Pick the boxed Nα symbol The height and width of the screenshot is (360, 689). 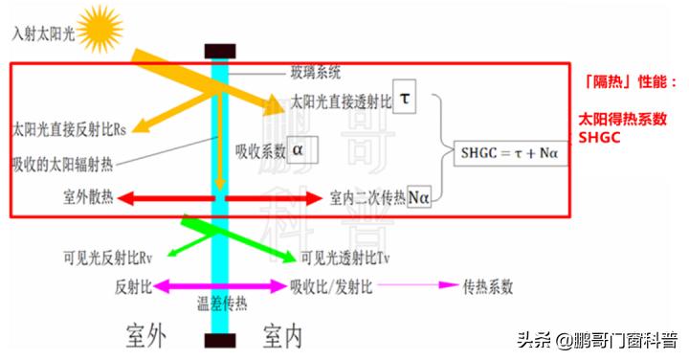(x=418, y=197)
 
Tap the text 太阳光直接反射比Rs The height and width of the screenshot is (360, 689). (x=69, y=126)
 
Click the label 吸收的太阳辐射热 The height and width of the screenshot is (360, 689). (x=63, y=163)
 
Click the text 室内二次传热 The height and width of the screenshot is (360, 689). (x=367, y=197)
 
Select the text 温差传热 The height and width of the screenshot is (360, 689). (x=221, y=306)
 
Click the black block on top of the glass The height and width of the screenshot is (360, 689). (x=220, y=49)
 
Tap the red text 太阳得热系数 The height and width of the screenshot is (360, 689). (x=623, y=119)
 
